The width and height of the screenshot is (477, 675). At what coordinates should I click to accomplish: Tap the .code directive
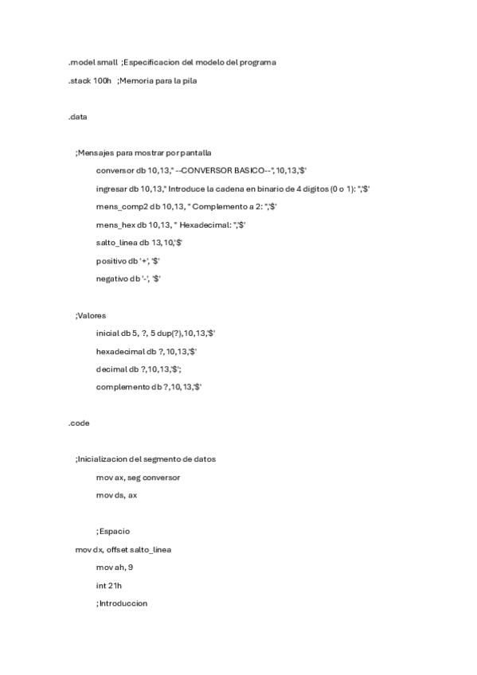[x=79, y=423]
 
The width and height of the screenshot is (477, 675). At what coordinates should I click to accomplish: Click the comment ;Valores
[x=91, y=315]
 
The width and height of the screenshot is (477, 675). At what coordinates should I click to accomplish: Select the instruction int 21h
[x=108, y=585]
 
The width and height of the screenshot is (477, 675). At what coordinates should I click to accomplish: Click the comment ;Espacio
[x=113, y=531]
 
